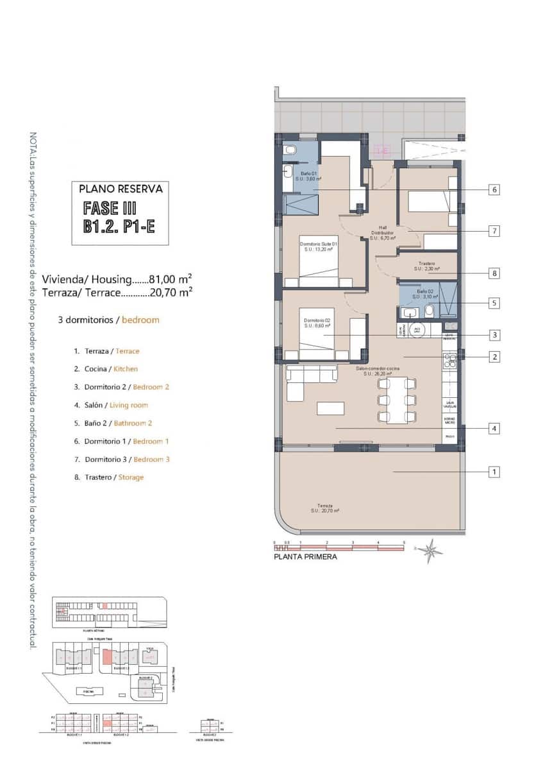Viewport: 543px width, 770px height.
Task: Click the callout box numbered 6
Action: coord(494,190)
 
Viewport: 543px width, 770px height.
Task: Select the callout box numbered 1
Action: coord(494,472)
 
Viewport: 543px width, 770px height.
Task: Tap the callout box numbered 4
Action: coord(494,429)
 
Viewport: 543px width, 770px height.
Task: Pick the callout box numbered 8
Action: coord(494,273)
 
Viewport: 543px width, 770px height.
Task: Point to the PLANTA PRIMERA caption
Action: coord(305,557)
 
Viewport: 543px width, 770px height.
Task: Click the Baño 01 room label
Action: coord(308,176)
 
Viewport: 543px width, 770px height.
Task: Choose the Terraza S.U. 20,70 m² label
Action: coord(324,508)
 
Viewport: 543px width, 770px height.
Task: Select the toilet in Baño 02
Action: coord(429,312)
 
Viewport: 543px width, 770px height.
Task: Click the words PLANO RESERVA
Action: coord(121,189)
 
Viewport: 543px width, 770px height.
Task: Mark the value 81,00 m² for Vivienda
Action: coord(171,279)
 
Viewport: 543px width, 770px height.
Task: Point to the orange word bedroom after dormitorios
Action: coord(140,320)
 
